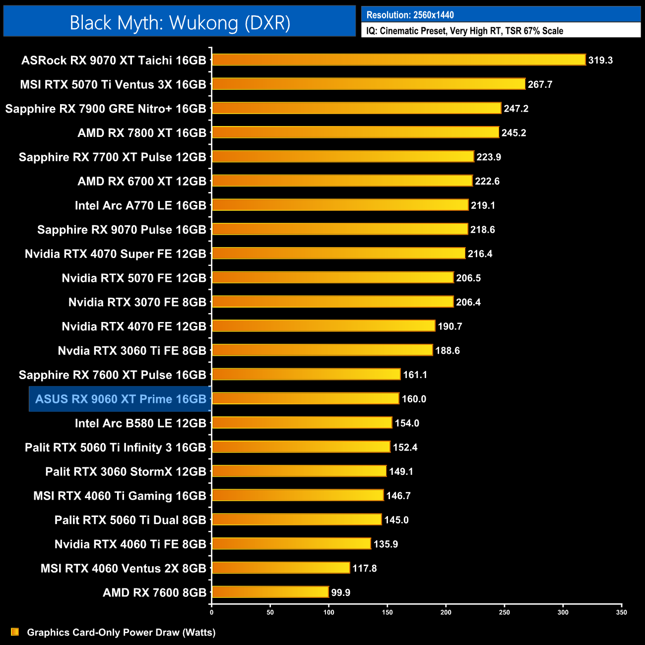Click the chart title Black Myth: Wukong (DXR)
pos(180,23)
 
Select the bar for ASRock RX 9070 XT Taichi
pos(398,60)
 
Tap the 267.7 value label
pos(540,84)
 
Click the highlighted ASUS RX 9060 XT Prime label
pos(121,399)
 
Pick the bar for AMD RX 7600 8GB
pos(270,592)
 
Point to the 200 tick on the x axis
pos(446,612)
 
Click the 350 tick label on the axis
pos(621,612)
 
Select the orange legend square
pos(15,632)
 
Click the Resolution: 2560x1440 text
pos(410,15)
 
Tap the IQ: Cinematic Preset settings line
pos(464,31)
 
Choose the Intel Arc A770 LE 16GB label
pos(140,205)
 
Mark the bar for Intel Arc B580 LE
pos(302,423)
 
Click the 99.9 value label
pos(341,592)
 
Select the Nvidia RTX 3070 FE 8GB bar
pos(332,302)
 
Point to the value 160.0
pos(414,399)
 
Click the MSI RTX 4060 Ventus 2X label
pos(123,568)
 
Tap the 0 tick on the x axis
pos(212,612)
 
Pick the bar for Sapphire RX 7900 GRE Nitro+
pos(356,108)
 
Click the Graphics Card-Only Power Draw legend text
pos(121,632)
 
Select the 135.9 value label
pos(386,544)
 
